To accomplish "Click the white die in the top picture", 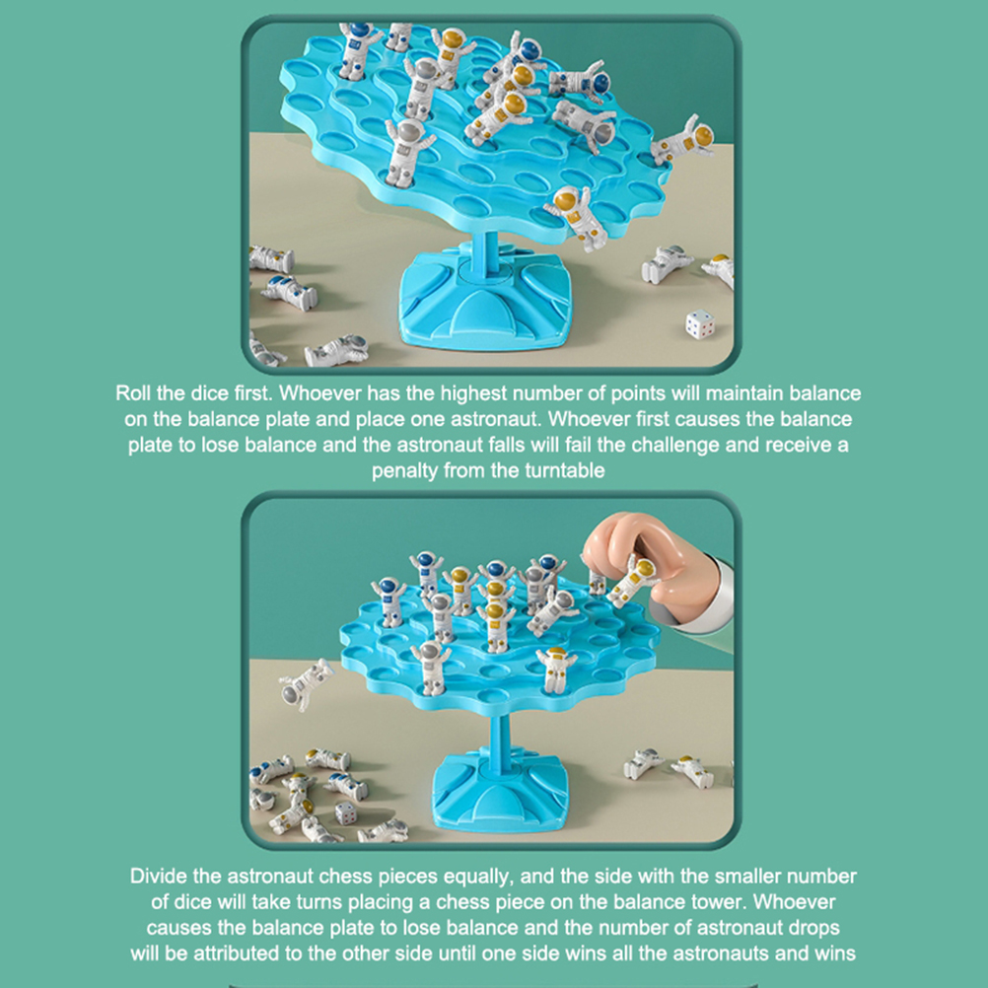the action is (700, 323).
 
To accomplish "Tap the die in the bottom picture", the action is (346, 812).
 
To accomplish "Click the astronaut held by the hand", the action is (632, 581).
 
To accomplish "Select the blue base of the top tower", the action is (485, 295).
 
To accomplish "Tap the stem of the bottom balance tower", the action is (499, 731).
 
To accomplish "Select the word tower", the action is (719, 901).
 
